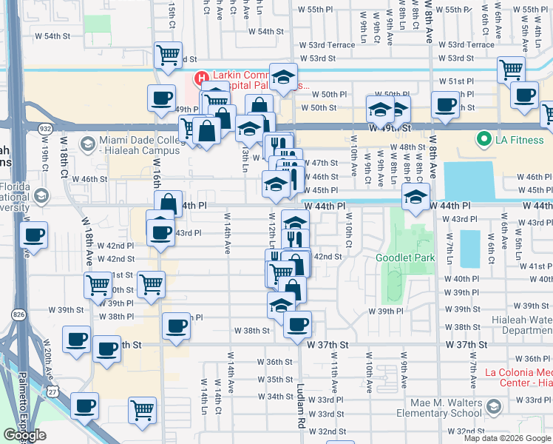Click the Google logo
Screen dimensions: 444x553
[24, 435]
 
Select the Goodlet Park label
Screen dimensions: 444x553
[404, 258]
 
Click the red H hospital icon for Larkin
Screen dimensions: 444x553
[200, 78]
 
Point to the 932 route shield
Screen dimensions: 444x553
[46, 129]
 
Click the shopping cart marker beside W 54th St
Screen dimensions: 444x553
[169, 55]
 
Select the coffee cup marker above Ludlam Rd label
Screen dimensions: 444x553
[297, 324]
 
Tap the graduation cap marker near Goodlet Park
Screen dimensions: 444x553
[415, 198]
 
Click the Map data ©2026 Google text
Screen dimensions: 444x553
[506, 438]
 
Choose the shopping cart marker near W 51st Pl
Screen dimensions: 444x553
[511, 70]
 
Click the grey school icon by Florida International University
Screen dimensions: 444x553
[41, 196]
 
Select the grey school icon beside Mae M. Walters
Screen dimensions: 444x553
[494, 406]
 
